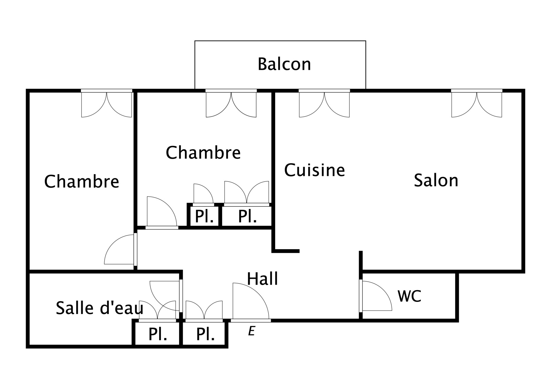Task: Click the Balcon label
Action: coord(284,64)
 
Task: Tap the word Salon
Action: coord(436,180)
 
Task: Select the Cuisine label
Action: coord(314,170)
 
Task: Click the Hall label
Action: coord(262,279)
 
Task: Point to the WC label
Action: coord(409,296)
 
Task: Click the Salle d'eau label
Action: coord(99,308)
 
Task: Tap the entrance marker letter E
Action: coord(251,331)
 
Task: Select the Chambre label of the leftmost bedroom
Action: coord(82,181)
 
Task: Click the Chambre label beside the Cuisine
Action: coord(203,153)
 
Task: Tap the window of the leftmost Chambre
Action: coord(106,103)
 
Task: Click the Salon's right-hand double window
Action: coord(477,103)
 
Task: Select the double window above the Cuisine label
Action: coord(324,103)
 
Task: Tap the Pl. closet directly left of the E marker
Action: coord(205,334)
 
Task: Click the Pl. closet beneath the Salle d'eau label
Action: coord(157,334)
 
